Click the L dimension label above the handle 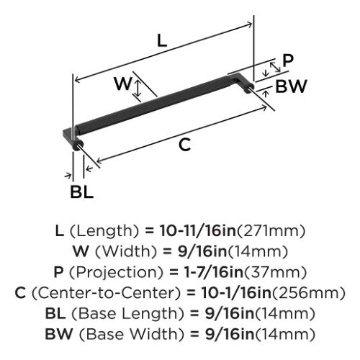click(x=162, y=40)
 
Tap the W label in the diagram click(x=123, y=84)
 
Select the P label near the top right click(x=288, y=60)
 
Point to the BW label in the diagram click(x=291, y=86)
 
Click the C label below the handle click(x=185, y=145)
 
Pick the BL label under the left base click(x=81, y=192)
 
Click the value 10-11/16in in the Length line click(x=198, y=231)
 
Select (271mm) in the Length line click(x=271, y=231)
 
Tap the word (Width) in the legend click(x=126, y=252)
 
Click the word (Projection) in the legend click(x=116, y=273)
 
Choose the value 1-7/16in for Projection click(x=209, y=272)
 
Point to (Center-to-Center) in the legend click(x=106, y=293)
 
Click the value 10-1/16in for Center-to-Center click(x=236, y=293)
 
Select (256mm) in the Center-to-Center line click(x=308, y=293)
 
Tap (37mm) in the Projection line click(x=274, y=273)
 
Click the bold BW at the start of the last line click(x=59, y=334)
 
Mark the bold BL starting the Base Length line click(x=55, y=314)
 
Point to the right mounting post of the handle click(x=248, y=89)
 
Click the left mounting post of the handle click(x=78, y=145)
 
